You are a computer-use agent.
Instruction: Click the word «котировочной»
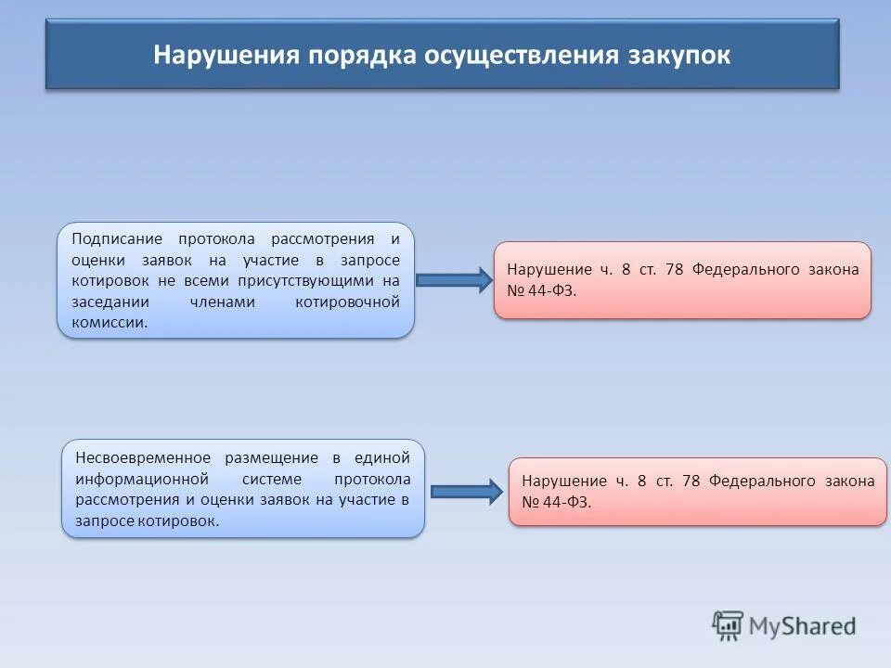347,302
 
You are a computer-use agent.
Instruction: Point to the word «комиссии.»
110,323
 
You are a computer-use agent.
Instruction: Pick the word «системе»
272,479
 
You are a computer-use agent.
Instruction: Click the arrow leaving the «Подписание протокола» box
454,280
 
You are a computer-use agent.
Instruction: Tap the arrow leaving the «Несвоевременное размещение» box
467,492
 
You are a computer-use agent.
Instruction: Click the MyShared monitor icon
728,626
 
